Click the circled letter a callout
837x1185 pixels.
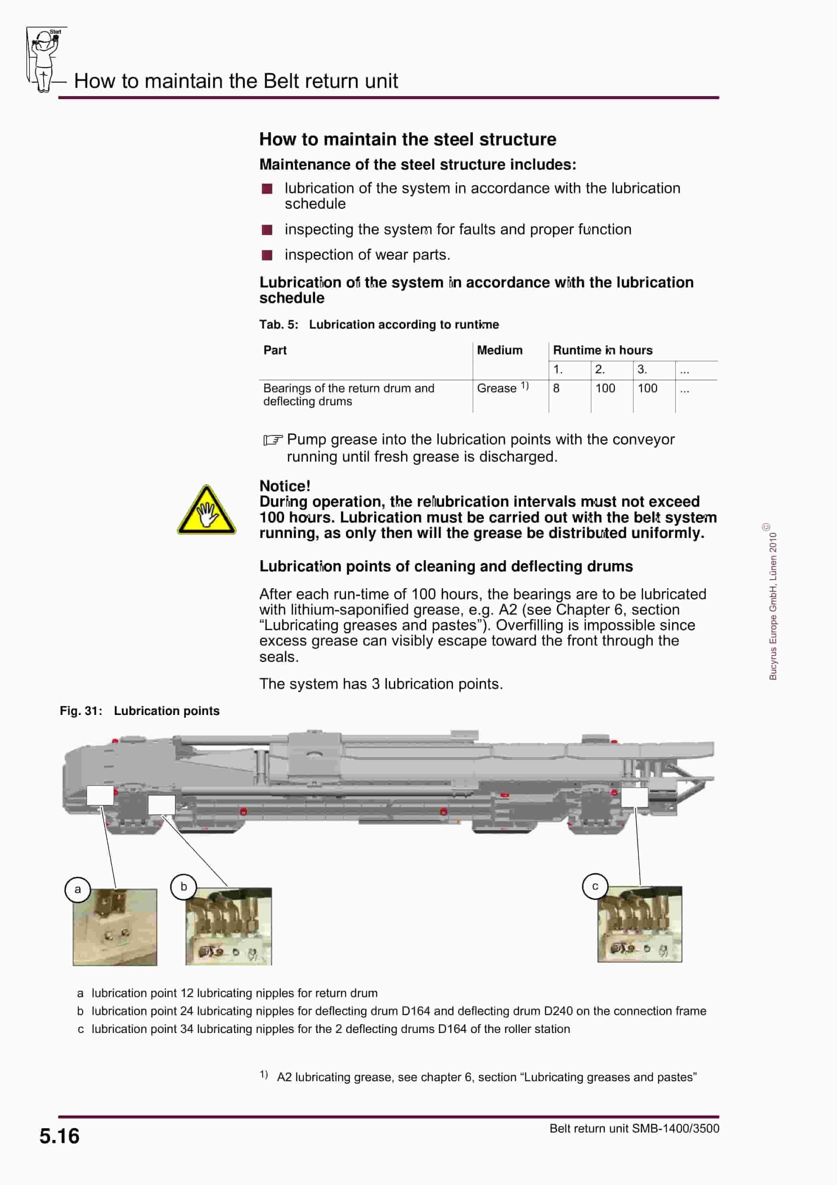pyautogui.click(x=77, y=889)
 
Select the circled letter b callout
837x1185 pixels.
pyautogui.click(x=183, y=887)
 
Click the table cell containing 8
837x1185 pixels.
pyautogui.click(x=556, y=389)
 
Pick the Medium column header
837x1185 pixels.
pyautogui.click(x=499, y=350)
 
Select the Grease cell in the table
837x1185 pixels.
pyautogui.click(x=497, y=389)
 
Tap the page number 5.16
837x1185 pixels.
pyautogui.click(x=59, y=1136)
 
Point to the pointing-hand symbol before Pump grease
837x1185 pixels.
pyautogui.click(x=273, y=440)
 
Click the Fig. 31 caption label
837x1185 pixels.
pyautogui.click(x=81, y=711)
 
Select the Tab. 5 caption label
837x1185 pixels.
pyautogui.click(x=278, y=325)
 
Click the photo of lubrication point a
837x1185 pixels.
pyautogui.click(x=115, y=927)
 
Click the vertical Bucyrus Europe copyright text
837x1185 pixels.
pyautogui.click(x=773, y=604)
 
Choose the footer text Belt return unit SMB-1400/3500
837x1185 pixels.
pyautogui.click(x=634, y=1128)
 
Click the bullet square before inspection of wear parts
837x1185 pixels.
pyautogui.click(x=267, y=255)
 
